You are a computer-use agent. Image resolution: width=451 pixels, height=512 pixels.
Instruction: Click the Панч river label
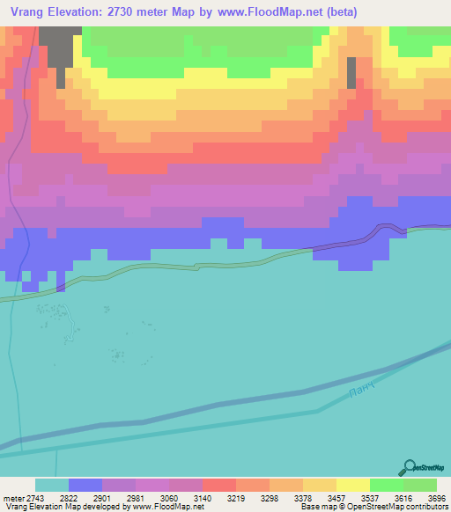(363, 386)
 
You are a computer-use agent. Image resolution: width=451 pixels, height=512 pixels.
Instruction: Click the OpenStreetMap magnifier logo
(409, 467)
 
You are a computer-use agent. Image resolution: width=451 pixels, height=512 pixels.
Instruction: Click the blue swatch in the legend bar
(85, 485)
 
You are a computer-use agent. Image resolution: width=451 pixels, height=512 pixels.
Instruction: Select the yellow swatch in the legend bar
(352, 485)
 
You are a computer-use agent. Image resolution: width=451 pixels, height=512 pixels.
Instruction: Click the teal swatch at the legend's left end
(52, 485)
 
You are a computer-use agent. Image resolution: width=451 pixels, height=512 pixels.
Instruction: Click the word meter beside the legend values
(13, 497)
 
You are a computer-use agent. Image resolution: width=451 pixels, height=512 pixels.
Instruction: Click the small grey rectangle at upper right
(351, 72)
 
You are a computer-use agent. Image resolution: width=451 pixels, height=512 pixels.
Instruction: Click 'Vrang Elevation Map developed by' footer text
(65, 507)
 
